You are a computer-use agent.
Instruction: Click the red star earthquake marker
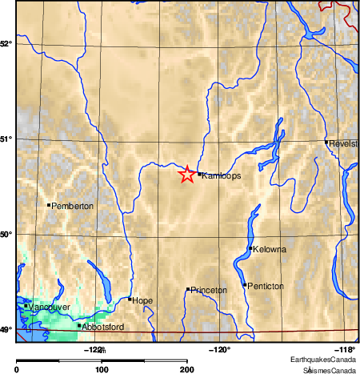(x=186, y=174)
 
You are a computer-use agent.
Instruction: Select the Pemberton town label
(x=73, y=207)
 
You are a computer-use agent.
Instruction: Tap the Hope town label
(x=142, y=300)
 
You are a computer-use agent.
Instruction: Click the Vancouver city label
(x=50, y=308)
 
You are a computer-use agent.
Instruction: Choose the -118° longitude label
(x=345, y=349)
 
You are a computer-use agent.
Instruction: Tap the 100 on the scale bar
(x=102, y=369)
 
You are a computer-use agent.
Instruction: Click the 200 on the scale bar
(x=186, y=369)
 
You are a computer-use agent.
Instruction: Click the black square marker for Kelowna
(x=251, y=248)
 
